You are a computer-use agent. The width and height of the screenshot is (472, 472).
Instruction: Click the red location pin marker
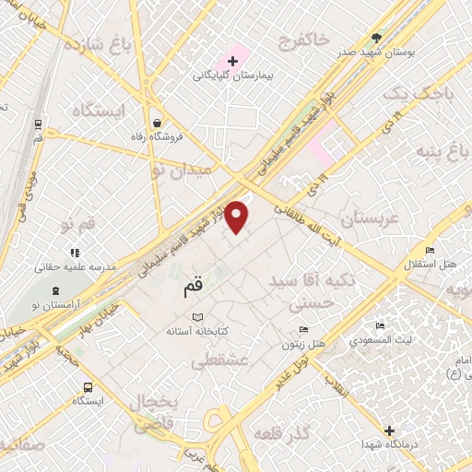pyautogui.click(x=238, y=216)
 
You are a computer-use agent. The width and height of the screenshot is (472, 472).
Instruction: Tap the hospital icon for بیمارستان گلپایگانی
pyautogui.click(x=231, y=62)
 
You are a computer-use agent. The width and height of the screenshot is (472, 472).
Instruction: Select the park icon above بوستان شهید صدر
pyautogui.click(x=376, y=38)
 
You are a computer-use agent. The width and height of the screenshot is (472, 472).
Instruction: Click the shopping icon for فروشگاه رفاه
pyautogui.click(x=159, y=122)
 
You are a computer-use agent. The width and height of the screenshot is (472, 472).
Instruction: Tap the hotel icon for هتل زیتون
pyautogui.click(x=303, y=331)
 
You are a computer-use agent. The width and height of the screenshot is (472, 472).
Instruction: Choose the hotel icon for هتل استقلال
pyautogui.click(x=429, y=251)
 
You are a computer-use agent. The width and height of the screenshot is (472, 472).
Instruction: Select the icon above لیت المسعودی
pyautogui.click(x=379, y=326)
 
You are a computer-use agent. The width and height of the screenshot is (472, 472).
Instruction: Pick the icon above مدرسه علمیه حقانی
pyautogui.click(x=74, y=252)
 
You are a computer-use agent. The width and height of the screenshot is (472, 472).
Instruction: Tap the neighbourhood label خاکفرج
pyautogui.click(x=304, y=41)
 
